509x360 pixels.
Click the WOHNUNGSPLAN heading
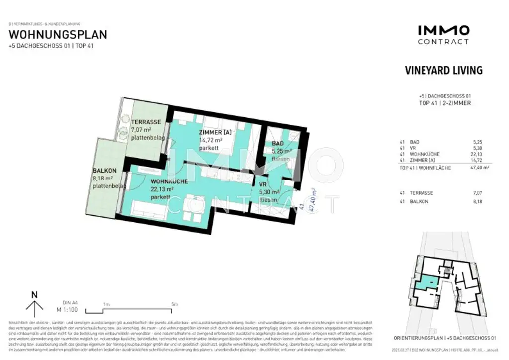click(58, 35)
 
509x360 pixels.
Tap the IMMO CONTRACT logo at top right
click(443, 35)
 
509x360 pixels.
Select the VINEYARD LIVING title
click(443, 70)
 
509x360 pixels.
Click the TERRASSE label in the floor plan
click(145, 122)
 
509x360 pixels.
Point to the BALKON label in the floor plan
click(104, 170)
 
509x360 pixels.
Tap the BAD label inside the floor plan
click(278, 144)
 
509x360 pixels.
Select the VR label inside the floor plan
click(263, 184)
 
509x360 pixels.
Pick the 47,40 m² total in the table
click(478, 168)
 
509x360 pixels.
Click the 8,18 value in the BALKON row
click(478, 201)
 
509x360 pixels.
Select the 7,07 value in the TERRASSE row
click(478, 192)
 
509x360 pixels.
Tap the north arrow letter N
click(34, 294)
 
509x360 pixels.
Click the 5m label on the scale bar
click(174, 304)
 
